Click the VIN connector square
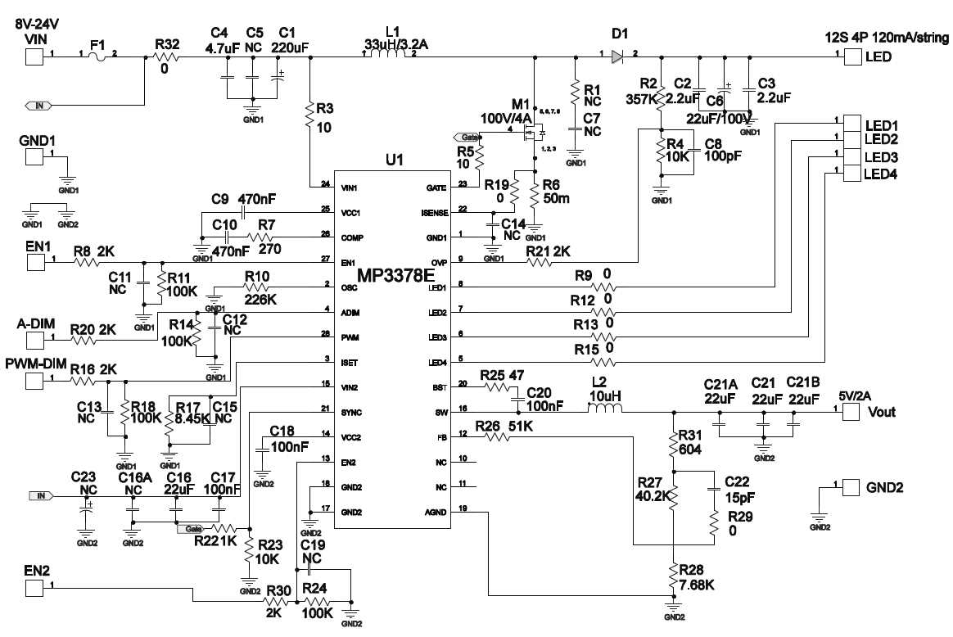click(x=34, y=56)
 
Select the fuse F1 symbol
click(x=97, y=56)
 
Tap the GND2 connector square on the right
click(x=852, y=487)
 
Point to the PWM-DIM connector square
click(x=34, y=382)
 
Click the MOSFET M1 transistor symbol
click(x=536, y=131)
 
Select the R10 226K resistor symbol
click(x=260, y=287)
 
